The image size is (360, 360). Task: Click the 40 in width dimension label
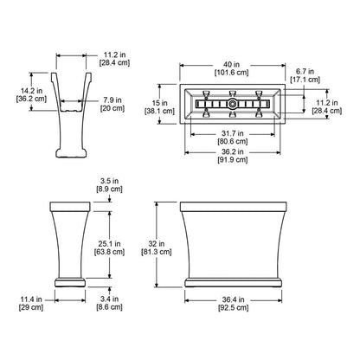coord(232,65)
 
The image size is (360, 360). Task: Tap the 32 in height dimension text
coord(157,244)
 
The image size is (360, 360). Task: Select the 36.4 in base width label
coord(233,299)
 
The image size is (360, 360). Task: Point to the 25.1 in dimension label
coord(109,244)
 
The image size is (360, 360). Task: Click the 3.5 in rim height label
coord(109,181)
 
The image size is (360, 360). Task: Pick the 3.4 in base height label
coord(109,299)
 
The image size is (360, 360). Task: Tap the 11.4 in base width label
coord(31,299)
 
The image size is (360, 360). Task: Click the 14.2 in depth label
coord(31,91)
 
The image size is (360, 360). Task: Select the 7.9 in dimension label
coord(112,100)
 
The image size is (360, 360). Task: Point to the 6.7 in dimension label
coord(305,71)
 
